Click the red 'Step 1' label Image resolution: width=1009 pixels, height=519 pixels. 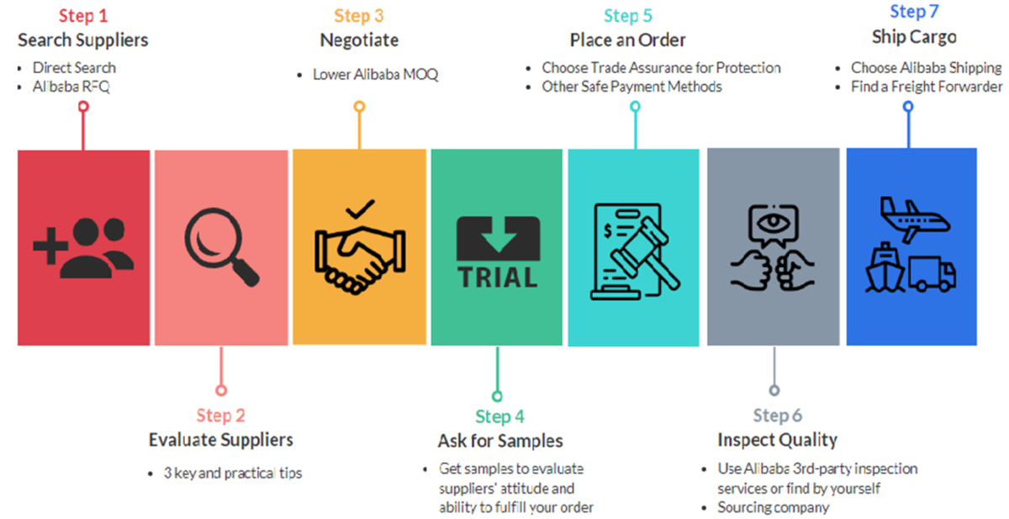click(x=82, y=16)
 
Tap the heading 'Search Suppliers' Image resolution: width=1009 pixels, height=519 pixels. click(x=82, y=40)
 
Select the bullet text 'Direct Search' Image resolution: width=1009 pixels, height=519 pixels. click(x=74, y=67)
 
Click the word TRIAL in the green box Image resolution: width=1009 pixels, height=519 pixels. click(x=497, y=276)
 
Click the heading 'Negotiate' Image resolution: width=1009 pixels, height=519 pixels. click(x=359, y=40)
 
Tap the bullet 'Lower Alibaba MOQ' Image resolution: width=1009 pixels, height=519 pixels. click(x=375, y=75)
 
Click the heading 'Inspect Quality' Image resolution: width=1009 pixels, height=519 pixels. click(x=777, y=440)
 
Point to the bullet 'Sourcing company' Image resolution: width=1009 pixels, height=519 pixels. click(x=773, y=507)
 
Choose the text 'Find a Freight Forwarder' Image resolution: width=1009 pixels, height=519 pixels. click(x=927, y=87)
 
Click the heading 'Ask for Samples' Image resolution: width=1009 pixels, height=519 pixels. click(x=500, y=441)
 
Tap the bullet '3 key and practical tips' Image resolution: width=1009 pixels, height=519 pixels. click(x=233, y=473)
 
